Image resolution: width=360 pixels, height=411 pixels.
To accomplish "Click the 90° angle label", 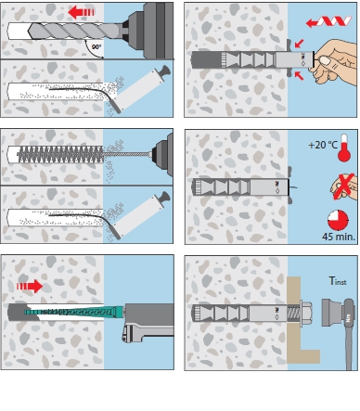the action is tap(96, 47).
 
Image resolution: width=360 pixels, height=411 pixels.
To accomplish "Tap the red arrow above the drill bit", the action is tap(81, 12).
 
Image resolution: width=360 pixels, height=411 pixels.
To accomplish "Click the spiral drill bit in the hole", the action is tap(74, 31).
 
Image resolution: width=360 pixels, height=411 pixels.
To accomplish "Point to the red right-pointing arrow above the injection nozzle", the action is tap(30, 286).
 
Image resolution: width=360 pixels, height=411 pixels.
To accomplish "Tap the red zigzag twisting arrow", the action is tap(328, 21).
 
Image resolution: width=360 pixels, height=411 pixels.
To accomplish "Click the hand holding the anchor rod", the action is tap(333, 62).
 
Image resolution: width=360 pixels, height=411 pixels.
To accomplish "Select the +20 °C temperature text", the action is tap(323, 145).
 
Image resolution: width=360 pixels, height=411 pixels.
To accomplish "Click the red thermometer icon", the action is tap(344, 148).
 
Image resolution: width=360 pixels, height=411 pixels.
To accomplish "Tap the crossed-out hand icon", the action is tap(343, 186).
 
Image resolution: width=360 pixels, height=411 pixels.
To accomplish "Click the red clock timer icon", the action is tap(338, 221).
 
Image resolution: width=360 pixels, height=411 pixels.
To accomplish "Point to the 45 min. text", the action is tap(339, 237).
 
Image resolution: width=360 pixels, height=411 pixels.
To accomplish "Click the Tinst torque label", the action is tap(338, 281).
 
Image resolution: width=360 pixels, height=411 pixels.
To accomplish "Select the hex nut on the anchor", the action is tap(305, 312).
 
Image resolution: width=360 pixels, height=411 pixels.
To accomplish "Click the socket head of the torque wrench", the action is tap(331, 312).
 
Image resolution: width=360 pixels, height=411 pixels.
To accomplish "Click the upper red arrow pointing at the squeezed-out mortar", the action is tap(300, 44).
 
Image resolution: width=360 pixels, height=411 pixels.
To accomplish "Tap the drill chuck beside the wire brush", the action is tap(162, 155).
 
